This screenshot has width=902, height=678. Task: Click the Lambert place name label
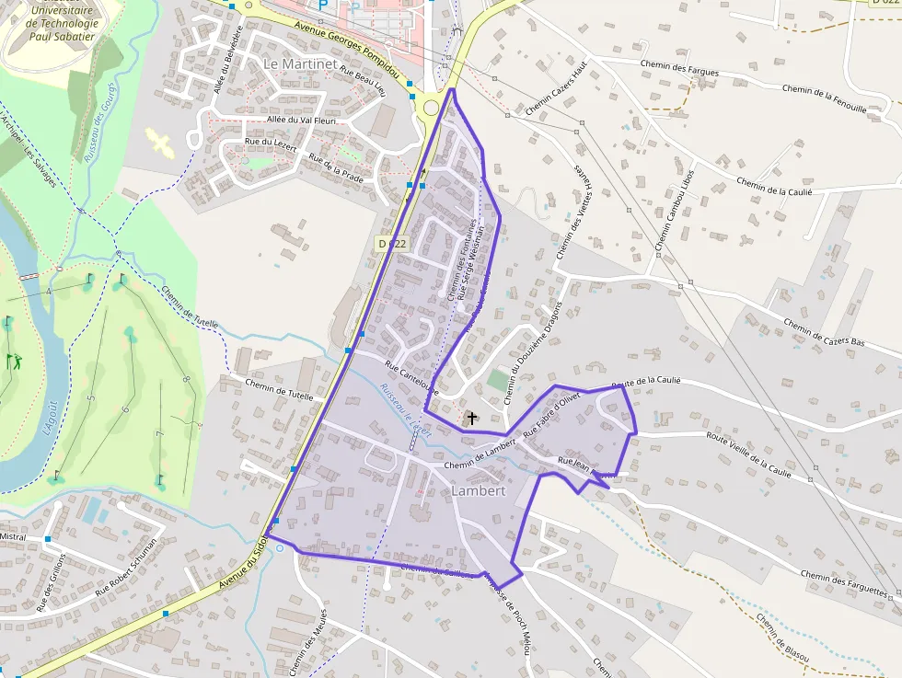tap(479, 491)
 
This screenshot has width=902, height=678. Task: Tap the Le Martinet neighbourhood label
tap(295, 63)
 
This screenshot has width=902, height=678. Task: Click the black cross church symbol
tap(472, 419)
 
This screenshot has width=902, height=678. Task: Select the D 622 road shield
tap(392, 244)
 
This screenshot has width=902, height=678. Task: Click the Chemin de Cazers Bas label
tap(825, 333)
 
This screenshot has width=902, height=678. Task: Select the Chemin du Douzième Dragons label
tap(532, 353)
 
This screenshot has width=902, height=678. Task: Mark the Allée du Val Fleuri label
tap(301, 120)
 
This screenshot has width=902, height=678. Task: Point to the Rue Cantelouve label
tap(411, 376)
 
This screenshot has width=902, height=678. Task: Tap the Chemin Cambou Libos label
tap(675, 211)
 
